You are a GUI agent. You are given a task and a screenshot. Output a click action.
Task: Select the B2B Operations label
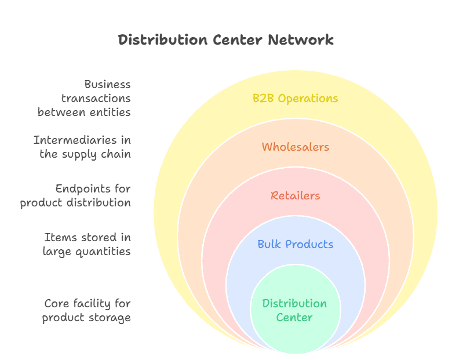click(295, 99)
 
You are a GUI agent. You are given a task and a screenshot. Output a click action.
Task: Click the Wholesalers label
click(295, 147)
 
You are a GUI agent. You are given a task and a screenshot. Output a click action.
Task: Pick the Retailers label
click(295, 196)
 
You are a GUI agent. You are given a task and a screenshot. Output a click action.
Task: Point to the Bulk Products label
click(295, 244)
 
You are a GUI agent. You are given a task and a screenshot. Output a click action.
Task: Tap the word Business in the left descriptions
click(107, 85)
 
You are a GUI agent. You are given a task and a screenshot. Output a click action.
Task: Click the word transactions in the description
click(96, 99)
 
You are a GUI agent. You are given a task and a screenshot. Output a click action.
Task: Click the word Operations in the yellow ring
click(308, 99)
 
